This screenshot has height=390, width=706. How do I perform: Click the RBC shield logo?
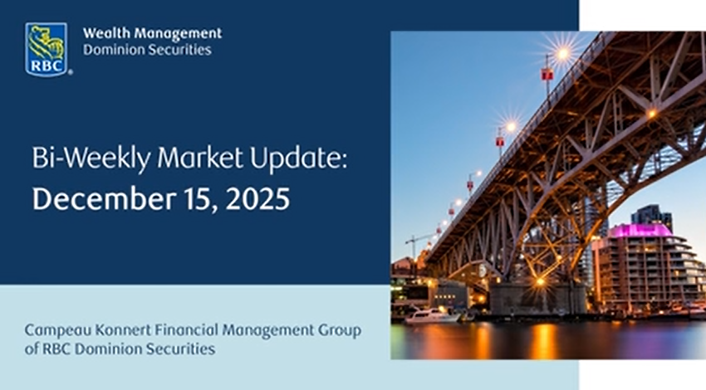click(46, 48)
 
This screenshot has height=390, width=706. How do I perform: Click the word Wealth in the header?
click(104, 34)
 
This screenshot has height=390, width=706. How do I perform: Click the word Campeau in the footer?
click(54, 330)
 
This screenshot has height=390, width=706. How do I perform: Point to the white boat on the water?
click(432, 315)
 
